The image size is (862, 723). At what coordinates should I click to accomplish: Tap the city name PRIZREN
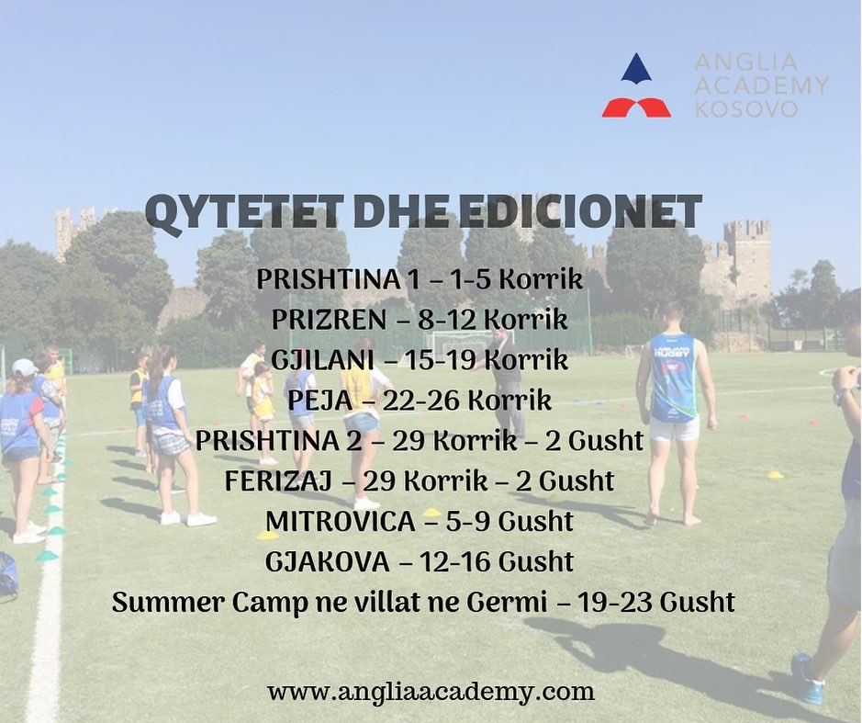329,320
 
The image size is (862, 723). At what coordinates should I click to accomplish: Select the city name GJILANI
322,360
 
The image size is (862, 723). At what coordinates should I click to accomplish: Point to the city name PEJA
319,401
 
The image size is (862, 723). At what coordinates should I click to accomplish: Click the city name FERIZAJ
278,481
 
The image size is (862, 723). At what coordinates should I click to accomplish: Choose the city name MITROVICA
341,522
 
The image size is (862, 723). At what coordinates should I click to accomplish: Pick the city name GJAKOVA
327,562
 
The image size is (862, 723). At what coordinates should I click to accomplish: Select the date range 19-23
615,602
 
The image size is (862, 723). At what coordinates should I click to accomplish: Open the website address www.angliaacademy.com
431,692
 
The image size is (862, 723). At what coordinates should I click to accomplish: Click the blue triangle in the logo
636,68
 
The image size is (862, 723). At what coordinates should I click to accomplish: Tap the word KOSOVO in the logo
746,108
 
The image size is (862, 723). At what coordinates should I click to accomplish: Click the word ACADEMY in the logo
761,85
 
